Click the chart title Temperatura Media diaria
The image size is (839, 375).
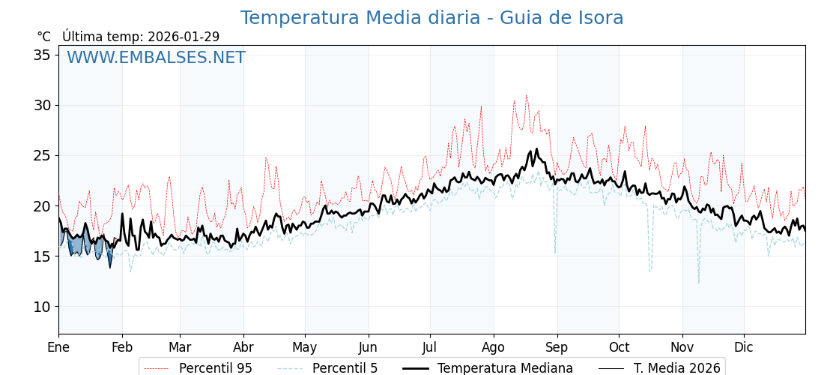point(431,18)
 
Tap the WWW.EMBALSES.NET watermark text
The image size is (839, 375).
point(156,58)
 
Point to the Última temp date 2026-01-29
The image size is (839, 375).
point(184,37)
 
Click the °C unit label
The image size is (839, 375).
point(43,37)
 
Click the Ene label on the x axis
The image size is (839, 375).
point(58,347)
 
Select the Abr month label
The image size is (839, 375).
point(243,347)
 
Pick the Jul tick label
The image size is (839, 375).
point(430,347)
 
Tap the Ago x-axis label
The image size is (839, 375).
point(494,347)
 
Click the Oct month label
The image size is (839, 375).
point(619,347)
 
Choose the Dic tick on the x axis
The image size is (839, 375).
point(744,347)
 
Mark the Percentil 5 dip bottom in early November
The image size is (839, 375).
point(699,283)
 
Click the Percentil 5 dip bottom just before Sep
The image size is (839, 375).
point(555,252)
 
